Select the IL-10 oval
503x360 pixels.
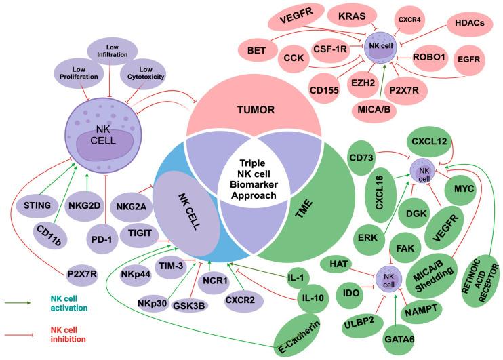(x=315, y=296)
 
